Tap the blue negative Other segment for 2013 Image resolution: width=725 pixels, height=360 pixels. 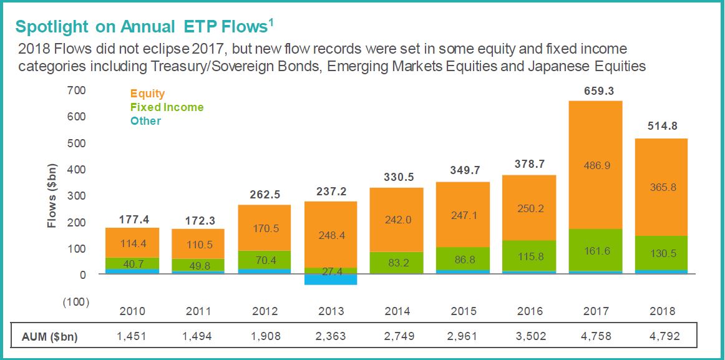331,280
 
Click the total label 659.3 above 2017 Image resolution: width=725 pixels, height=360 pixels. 596,91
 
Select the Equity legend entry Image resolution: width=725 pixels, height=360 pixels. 147,94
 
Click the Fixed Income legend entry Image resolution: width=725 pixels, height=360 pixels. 167,107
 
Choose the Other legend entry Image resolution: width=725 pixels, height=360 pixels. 145,121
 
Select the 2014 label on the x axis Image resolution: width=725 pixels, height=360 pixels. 397,311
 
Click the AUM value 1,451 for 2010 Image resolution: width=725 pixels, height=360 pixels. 132,337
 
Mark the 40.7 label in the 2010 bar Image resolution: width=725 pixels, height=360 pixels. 132,264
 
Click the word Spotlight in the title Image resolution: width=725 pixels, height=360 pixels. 51,27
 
